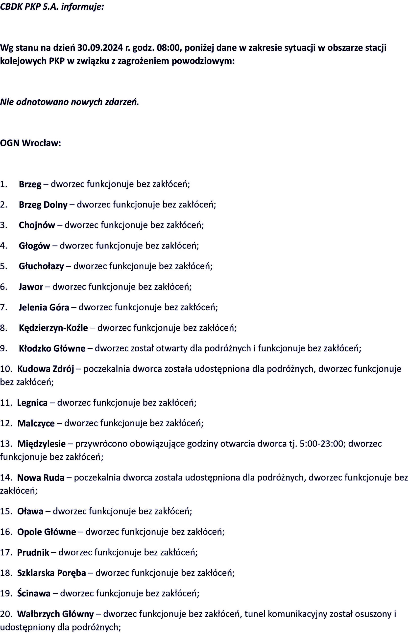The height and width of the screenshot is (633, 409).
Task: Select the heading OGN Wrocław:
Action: [30, 143]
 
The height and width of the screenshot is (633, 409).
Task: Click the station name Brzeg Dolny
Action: [43, 205]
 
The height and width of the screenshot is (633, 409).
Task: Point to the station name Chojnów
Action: [37, 225]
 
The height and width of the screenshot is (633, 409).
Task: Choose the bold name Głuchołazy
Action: [41, 266]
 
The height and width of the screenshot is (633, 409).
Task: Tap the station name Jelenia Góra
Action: [44, 307]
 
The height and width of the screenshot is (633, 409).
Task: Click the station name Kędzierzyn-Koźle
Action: [53, 328]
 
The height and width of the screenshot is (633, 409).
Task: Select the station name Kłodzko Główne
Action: [52, 348]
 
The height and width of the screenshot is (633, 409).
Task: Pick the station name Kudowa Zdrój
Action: [46, 369]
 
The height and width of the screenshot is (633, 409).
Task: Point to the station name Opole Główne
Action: [47, 532]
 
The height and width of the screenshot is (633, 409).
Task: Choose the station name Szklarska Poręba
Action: [51, 573]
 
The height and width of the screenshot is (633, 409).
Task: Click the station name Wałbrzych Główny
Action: [55, 614]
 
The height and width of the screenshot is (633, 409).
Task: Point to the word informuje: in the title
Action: [83, 7]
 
